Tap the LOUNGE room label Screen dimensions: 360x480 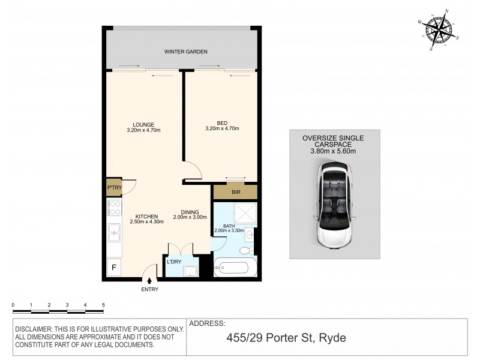[142, 124]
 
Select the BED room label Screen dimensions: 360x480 [221, 124]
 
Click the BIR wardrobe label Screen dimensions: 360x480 [235, 193]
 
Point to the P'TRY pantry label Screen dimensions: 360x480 [114, 187]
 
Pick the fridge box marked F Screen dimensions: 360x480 [113, 266]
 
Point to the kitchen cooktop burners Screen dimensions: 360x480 [113, 209]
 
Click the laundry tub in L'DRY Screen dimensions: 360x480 [191, 271]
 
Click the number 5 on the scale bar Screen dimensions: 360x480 [104, 305]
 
